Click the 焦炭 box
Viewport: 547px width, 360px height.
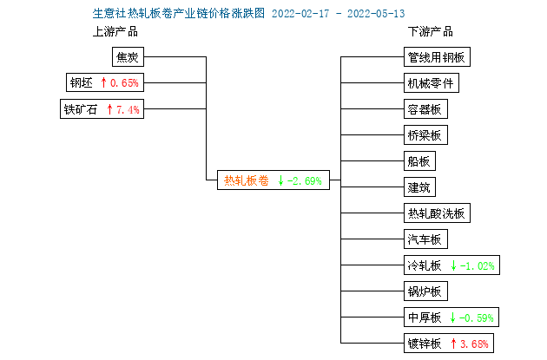pyautogui.click(x=128, y=56)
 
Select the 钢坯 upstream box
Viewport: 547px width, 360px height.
pyautogui.click(x=105, y=82)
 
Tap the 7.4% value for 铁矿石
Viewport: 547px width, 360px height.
pyautogui.click(x=128, y=110)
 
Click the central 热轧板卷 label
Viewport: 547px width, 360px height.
pyautogui.click(x=247, y=180)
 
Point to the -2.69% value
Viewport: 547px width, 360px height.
pyautogui.click(x=304, y=181)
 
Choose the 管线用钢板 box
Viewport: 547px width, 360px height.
pyautogui.click(x=437, y=56)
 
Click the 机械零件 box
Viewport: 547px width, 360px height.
pyautogui.click(x=432, y=83)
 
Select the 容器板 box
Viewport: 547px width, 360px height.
pyautogui.click(x=425, y=109)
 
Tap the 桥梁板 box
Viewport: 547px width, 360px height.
pyautogui.click(x=425, y=134)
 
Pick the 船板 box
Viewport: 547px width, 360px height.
pyautogui.click(x=419, y=161)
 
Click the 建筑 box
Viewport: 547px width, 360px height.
pyautogui.click(x=419, y=187)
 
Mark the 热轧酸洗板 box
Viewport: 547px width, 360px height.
pyautogui.click(x=437, y=213)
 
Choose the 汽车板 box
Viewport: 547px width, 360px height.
pyautogui.click(x=425, y=239)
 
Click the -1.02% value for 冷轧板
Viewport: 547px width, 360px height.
pyautogui.click(x=478, y=266)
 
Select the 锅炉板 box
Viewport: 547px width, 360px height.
pyautogui.click(x=425, y=291)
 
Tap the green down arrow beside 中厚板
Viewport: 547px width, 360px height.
pyautogui.click(x=453, y=317)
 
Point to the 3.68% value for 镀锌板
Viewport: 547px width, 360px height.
pyautogui.click(x=474, y=344)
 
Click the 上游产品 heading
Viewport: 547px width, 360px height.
pyautogui.click(x=115, y=32)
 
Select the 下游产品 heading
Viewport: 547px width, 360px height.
pyautogui.click(x=431, y=32)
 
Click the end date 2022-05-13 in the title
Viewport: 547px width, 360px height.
pyautogui.click(x=376, y=14)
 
